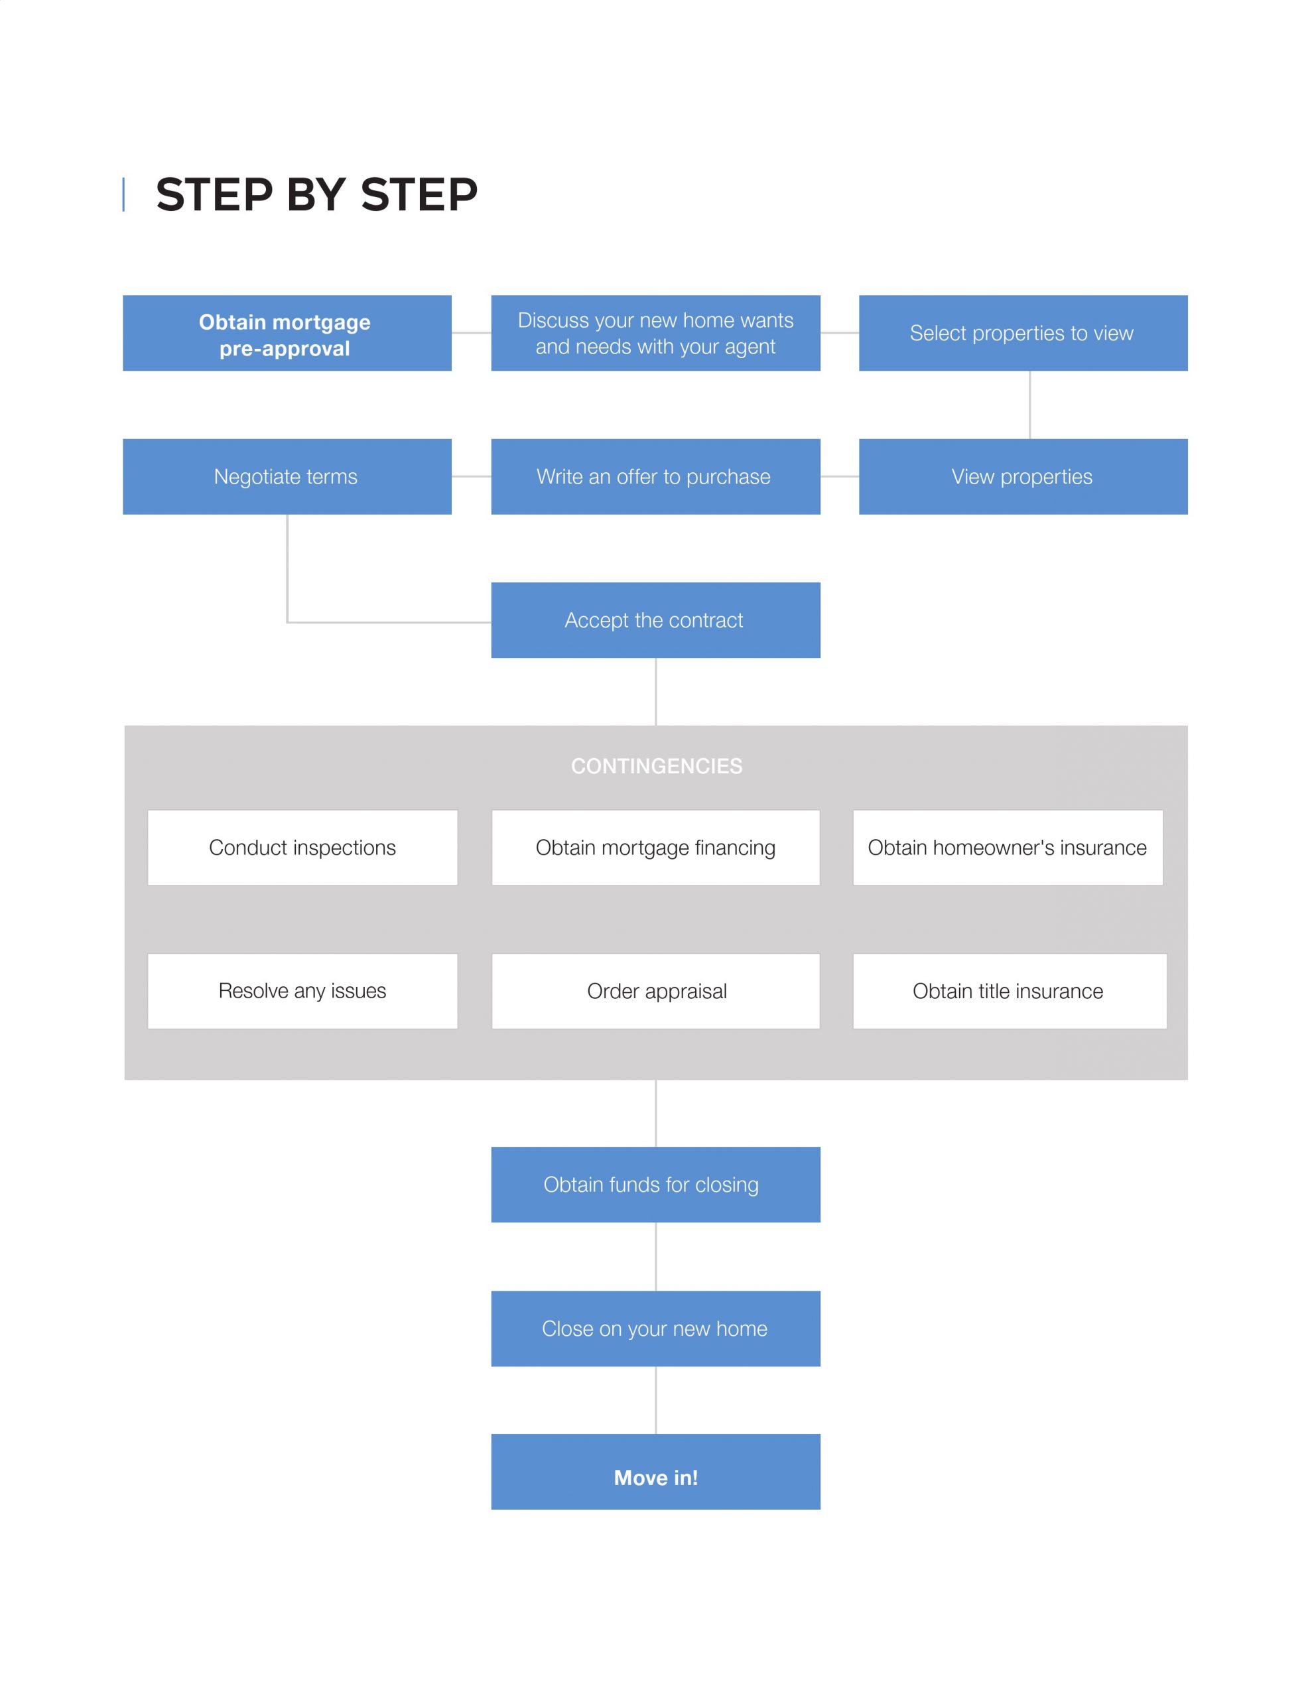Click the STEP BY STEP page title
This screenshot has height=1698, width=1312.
coord(316,194)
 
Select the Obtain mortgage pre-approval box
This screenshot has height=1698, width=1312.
coord(287,333)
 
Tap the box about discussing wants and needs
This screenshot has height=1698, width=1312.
coord(655,333)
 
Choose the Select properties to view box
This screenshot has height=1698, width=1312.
coord(1023,333)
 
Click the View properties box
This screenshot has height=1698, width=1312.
coord(1023,477)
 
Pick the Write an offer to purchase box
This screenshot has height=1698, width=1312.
coord(655,477)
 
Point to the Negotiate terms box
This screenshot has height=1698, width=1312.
coord(287,477)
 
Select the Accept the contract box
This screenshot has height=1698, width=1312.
coord(655,620)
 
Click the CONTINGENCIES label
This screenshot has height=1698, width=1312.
coord(657,767)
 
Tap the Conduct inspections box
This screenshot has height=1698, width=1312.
coord(302,848)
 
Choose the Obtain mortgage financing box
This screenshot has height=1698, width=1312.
coord(655,848)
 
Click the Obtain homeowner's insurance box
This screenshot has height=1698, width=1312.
coord(1008,848)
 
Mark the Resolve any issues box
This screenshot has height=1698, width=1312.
coord(302,992)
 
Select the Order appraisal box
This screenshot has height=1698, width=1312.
coord(655,992)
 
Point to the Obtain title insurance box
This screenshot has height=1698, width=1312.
coord(1010,992)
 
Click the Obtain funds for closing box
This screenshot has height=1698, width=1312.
coord(655,1185)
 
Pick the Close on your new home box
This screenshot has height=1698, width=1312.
coord(655,1329)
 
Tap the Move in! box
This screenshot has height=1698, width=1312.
coord(655,1472)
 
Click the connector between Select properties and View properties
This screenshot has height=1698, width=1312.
coord(1029,405)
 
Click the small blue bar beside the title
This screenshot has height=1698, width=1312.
coord(123,194)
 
